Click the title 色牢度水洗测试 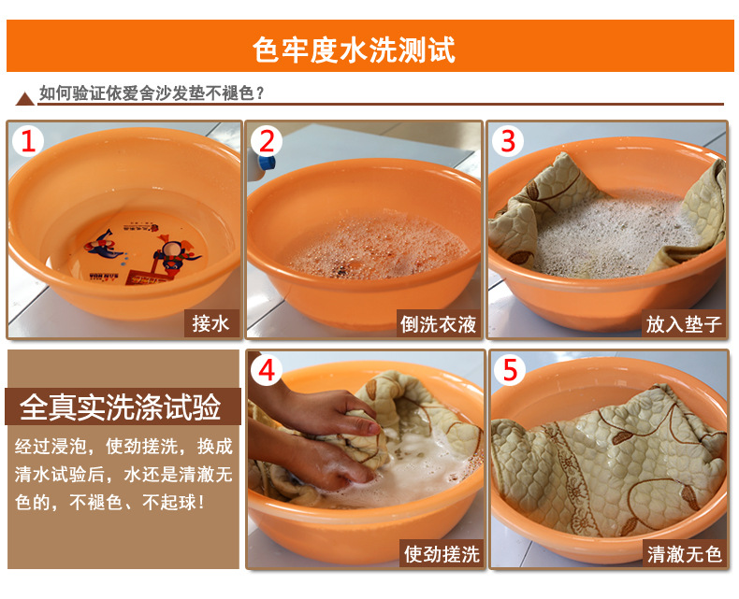point(354,50)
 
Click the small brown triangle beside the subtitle point(24,99)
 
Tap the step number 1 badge point(28,141)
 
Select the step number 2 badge point(267,141)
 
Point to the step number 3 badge point(508,141)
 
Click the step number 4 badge point(267,370)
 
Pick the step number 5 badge point(510,370)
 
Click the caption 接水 point(210,324)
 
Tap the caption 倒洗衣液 point(439,324)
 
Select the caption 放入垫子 point(684,324)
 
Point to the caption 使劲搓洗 point(442,554)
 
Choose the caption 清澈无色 point(685,554)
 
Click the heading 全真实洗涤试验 point(120,406)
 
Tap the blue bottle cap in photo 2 point(267,163)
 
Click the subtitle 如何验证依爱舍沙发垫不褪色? point(152,93)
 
